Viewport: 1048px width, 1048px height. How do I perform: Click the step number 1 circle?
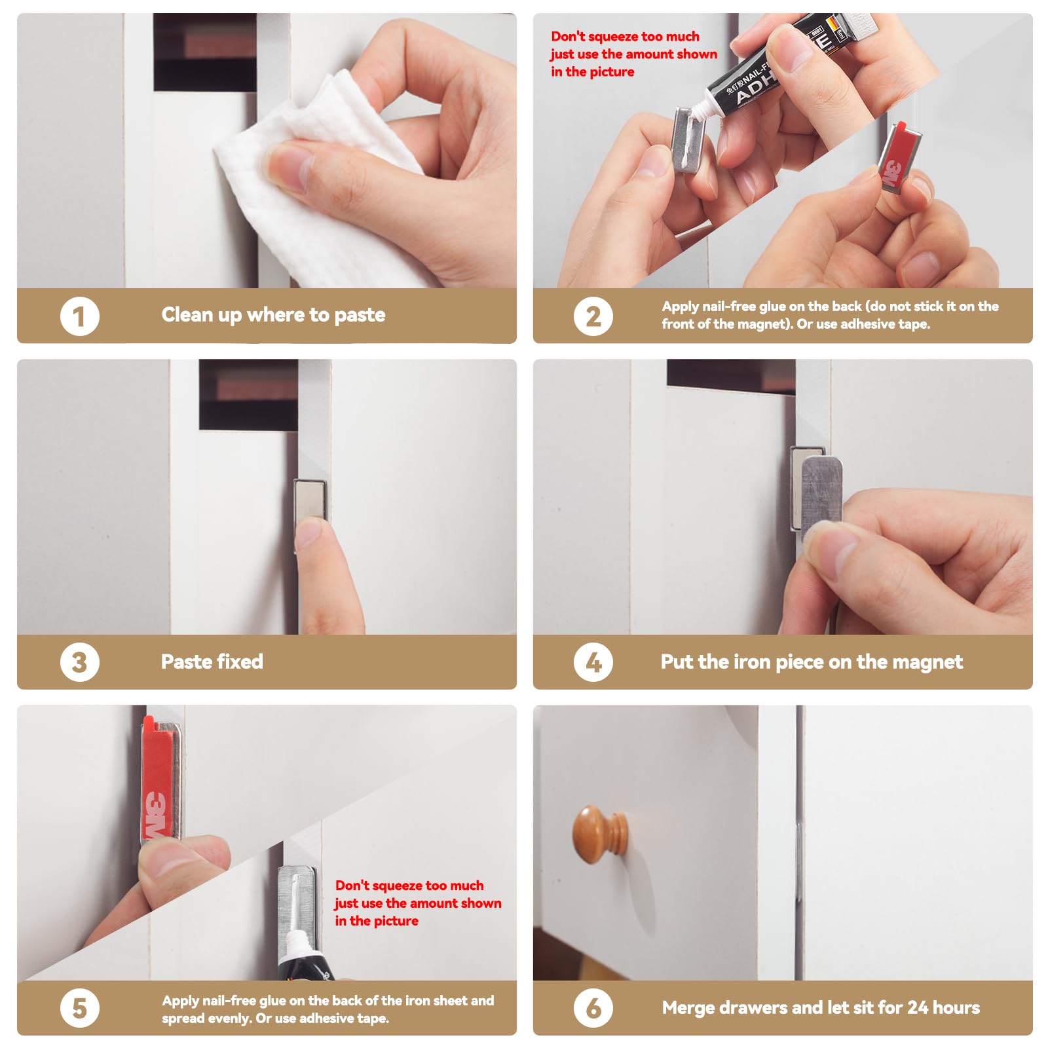coord(80,316)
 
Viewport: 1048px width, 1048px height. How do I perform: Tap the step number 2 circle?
coord(593,316)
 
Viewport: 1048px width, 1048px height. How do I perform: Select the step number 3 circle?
coord(80,662)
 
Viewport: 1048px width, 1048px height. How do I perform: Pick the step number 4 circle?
coord(593,662)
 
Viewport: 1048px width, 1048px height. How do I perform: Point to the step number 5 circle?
coord(80,1008)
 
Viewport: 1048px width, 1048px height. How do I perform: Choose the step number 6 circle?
coord(593,1008)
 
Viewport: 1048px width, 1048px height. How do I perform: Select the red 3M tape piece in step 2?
coord(901,157)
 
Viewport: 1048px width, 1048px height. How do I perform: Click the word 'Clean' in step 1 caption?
coord(187,315)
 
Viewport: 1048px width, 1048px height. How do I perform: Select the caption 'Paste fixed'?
coord(212,662)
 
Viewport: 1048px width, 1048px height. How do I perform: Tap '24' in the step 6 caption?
coord(917,1007)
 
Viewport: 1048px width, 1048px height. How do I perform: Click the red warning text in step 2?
coord(633,54)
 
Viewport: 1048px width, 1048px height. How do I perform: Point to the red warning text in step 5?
coord(418,903)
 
